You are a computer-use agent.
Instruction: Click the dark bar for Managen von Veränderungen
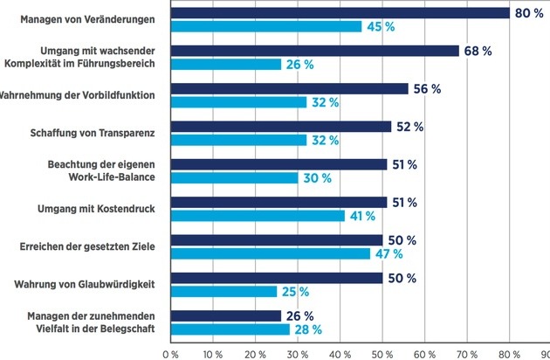click(340, 12)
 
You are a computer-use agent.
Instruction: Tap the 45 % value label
click(378, 26)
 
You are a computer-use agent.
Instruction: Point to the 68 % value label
click(477, 51)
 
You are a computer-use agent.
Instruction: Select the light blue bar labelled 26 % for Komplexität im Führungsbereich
click(225, 65)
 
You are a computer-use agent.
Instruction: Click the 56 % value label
click(426, 89)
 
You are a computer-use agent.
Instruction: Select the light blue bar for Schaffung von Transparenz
click(238, 140)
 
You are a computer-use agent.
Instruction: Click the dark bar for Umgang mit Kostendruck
click(277, 203)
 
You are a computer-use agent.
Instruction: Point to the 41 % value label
click(361, 216)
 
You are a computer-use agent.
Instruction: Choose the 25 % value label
click(294, 292)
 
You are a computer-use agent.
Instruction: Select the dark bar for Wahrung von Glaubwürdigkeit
click(276, 278)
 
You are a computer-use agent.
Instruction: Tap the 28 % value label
click(306, 329)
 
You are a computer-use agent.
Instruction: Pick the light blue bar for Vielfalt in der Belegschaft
click(229, 329)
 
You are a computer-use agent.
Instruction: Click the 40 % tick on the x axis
click(340, 354)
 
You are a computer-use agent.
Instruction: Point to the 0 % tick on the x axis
click(170, 354)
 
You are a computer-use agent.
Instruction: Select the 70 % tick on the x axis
click(467, 354)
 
